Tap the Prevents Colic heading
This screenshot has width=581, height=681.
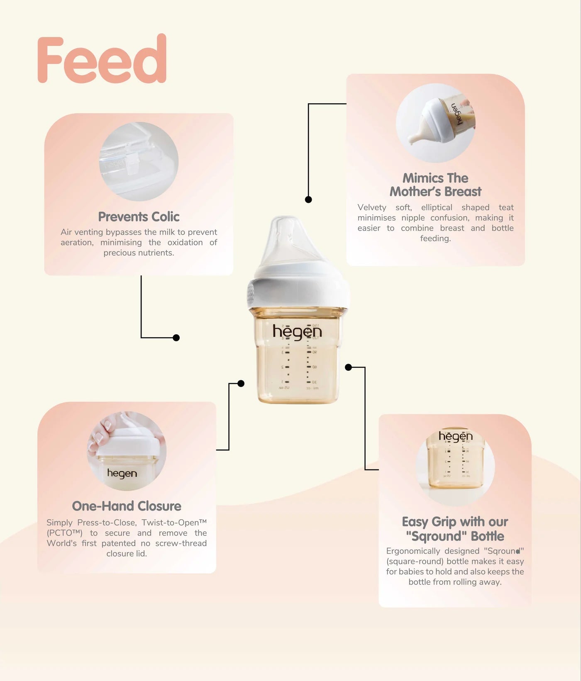point(139,216)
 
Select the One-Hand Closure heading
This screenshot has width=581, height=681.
point(127,506)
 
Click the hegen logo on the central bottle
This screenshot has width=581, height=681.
point(297,332)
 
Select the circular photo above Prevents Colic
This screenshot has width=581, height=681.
point(139,161)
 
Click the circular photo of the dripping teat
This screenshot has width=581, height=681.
point(435,123)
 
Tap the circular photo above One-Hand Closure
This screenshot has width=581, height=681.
point(127,451)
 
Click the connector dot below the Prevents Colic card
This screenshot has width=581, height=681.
point(176,338)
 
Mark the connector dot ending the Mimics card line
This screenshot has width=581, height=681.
point(308,199)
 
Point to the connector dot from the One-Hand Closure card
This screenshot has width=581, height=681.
point(241,384)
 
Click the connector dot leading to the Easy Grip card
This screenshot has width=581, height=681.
point(349,367)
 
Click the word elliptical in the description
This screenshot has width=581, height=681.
point(437,207)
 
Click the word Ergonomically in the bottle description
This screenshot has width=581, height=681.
point(413,551)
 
